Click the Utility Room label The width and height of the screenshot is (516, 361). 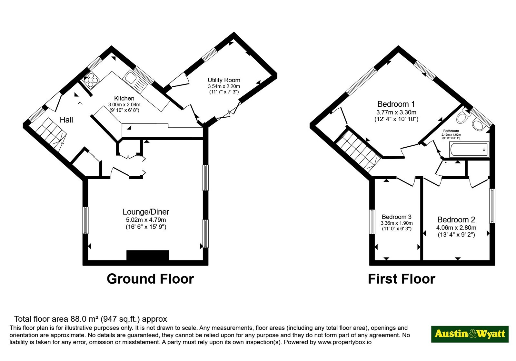pyautogui.click(x=224, y=80)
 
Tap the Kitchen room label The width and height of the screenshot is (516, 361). pyautogui.click(x=124, y=98)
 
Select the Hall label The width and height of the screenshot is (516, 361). pyautogui.click(x=66, y=120)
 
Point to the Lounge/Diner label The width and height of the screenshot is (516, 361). pyautogui.click(x=146, y=212)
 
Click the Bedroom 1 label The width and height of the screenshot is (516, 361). pyautogui.click(x=396, y=104)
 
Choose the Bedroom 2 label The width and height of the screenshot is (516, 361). pyautogui.click(x=456, y=220)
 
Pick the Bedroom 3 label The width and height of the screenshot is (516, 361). pyautogui.click(x=396, y=217)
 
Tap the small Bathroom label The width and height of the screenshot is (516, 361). pyautogui.click(x=451, y=131)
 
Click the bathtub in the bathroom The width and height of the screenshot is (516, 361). pyautogui.click(x=469, y=150)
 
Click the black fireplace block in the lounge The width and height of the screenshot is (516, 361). pyautogui.click(x=148, y=255)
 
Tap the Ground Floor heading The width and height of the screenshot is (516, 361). pyautogui.click(x=150, y=279)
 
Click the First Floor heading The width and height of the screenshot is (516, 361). pyautogui.click(x=402, y=279)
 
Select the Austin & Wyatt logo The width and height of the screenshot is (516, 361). pyautogui.click(x=470, y=334)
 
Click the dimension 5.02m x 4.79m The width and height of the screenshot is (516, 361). pyautogui.click(x=146, y=220)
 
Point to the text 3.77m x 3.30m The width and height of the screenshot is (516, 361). pyautogui.click(x=396, y=112)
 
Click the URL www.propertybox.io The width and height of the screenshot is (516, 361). pyautogui.click(x=345, y=342)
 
